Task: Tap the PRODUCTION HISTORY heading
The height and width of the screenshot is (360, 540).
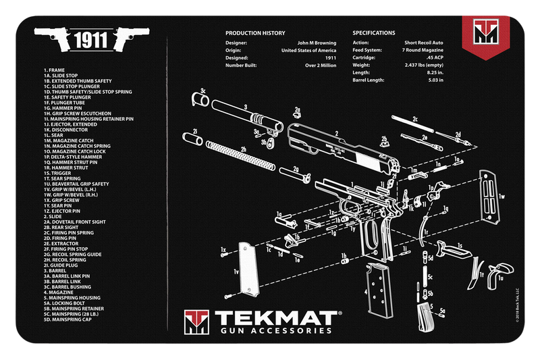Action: point(255,33)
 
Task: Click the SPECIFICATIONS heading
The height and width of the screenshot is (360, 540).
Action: point(374,33)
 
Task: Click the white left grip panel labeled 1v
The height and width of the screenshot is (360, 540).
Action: point(248,267)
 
